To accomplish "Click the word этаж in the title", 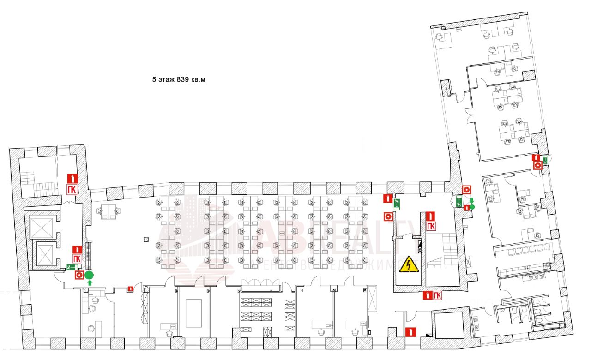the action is pyautogui.click(x=166, y=79).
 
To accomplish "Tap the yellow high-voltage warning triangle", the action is pyautogui.click(x=408, y=264).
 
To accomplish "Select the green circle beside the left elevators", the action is pyautogui.click(x=90, y=275).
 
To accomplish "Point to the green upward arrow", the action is pyautogui.click(x=90, y=282).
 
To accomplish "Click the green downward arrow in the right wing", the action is pyautogui.click(x=471, y=200).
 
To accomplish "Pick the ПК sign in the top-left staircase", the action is pyautogui.click(x=72, y=189).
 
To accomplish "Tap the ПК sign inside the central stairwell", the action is pyautogui.click(x=431, y=226).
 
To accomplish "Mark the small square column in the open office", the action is pyautogui.click(x=146, y=239).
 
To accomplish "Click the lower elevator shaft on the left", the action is pyautogui.click(x=45, y=253).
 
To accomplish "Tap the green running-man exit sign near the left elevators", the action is pyautogui.click(x=72, y=267).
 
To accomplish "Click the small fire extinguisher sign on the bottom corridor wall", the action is pyautogui.click(x=131, y=289).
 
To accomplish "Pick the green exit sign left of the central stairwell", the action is pyautogui.click(x=397, y=202).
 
